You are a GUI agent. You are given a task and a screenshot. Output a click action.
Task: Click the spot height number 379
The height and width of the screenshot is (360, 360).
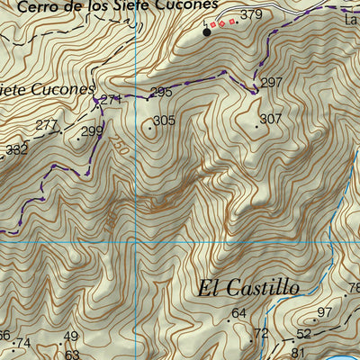(x=251, y=14)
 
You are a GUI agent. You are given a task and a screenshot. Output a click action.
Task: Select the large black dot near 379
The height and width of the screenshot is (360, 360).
(x=207, y=32)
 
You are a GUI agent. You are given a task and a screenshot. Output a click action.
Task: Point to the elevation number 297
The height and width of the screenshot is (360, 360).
(x=272, y=83)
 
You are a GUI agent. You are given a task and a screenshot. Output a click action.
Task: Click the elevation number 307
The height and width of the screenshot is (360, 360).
(x=270, y=119)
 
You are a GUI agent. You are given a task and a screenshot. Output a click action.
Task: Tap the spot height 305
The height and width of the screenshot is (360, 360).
(x=163, y=121)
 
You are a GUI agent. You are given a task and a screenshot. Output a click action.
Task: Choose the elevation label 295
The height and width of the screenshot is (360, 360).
(x=160, y=92)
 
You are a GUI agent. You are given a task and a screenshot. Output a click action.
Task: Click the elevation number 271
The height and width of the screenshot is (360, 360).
(x=110, y=99)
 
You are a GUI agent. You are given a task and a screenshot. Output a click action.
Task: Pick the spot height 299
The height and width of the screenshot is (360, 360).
(x=92, y=131)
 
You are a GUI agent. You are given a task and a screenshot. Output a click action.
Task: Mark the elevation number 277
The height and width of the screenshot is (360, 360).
(x=47, y=125)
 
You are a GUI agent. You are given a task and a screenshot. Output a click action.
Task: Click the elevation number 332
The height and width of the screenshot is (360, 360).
(x=16, y=150)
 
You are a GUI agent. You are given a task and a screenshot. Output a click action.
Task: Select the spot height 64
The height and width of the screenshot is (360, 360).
(x=238, y=313)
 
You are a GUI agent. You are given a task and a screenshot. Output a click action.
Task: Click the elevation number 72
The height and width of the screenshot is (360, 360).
(x=261, y=333)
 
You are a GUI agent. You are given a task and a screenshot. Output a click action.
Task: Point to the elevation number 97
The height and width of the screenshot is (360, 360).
(x=325, y=311)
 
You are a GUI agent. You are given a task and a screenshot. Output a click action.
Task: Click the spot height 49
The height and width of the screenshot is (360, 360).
(x=71, y=337)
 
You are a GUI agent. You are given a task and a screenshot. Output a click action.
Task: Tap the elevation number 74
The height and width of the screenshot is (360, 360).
(x=23, y=343)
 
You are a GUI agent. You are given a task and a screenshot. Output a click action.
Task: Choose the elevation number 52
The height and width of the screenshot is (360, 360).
(x=303, y=334)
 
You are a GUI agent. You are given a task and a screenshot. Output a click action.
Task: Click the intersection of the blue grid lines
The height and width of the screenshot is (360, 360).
(x=135, y=240)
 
